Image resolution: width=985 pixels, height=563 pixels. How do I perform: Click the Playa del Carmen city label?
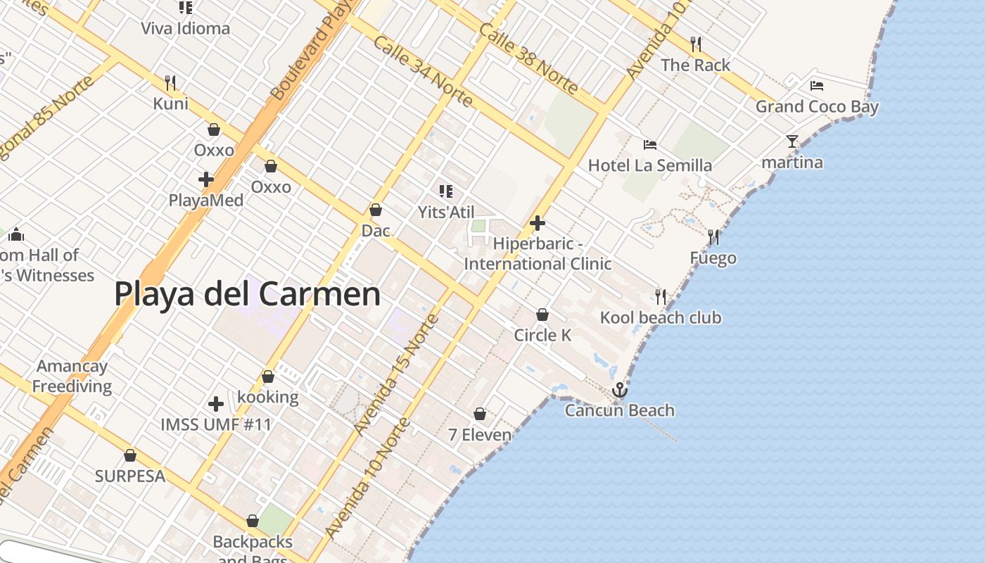(x=247, y=293)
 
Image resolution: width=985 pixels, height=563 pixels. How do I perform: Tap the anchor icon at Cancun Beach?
(x=619, y=389)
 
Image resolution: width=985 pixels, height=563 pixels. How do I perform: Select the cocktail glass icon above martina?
(x=792, y=141)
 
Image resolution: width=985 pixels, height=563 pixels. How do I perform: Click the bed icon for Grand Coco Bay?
(x=817, y=86)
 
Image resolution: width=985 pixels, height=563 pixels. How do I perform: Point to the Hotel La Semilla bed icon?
(x=650, y=145)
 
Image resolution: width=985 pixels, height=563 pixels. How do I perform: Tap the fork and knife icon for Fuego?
(x=713, y=237)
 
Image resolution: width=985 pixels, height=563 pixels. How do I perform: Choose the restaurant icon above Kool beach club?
(x=660, y=297)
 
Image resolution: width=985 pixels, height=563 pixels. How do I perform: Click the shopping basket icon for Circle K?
(x=542, y=315)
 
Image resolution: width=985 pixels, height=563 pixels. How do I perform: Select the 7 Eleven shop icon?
(x=480, y=414)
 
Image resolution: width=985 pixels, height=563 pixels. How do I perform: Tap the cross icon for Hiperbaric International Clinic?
(x=538, y=224)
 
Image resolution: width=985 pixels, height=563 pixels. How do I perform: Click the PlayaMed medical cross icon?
(x=206, y=179)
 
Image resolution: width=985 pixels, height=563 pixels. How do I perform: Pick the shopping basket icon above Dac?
(x=376, y=210)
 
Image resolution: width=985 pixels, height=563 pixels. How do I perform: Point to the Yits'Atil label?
(x=446, y=212)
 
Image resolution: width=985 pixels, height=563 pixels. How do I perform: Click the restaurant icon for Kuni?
(x=170, y=83)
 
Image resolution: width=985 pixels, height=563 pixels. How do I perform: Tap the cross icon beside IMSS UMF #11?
(x=216, y=404)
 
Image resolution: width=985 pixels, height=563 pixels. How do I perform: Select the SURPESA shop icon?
(x=129, y=455)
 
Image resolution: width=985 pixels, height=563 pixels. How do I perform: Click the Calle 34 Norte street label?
(x=422, y=71)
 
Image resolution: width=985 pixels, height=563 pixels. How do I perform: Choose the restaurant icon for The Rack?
(x=696, y=44)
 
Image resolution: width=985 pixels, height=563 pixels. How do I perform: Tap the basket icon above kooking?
(x=268, y=377)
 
